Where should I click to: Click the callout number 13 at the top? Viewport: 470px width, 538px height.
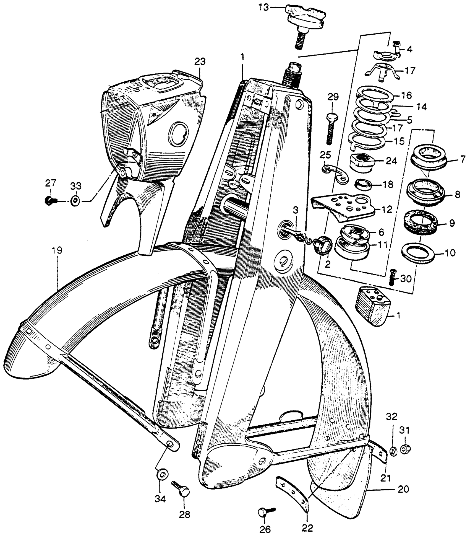(x=263, y=7)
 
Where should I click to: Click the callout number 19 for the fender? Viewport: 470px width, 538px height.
(x=57, y=251)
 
